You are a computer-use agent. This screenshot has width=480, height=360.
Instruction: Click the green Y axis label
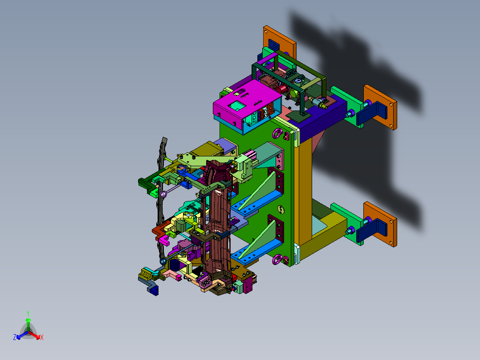(28, 314)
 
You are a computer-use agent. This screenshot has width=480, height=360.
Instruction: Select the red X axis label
(42, 337)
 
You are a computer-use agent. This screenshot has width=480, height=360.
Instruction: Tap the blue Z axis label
(15, 337)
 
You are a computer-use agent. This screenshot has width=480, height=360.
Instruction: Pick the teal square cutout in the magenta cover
(238, 106)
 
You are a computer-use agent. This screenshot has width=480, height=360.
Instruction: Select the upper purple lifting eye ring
(278, 133)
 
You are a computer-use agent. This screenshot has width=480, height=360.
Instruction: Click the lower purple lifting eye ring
(277, 259)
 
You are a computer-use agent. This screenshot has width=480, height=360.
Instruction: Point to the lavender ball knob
(163, 194)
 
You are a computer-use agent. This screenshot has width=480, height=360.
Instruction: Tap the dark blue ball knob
(163, 262)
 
